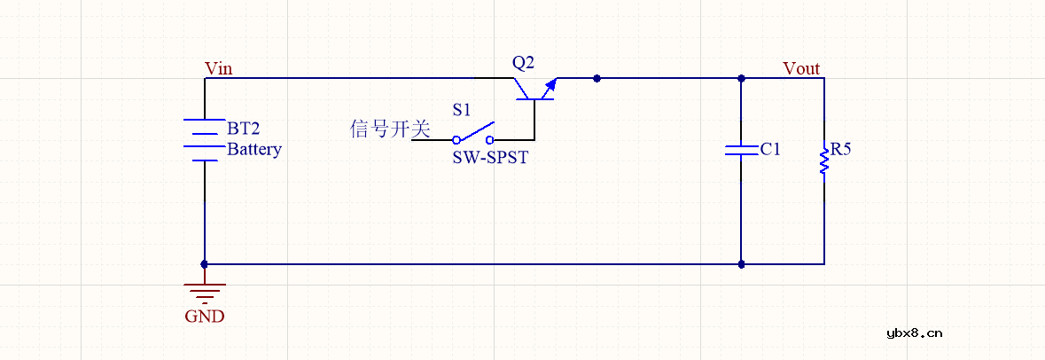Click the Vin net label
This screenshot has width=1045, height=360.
pyautogui.click(x=219, y=68)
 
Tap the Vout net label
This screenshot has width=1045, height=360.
pyautogui.click(x=801, y=68)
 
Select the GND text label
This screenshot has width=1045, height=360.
pyautogui.click(x=205, y=316)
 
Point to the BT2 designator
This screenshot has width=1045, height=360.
pyautogui.click(x=244, y=129)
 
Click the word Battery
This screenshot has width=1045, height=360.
pyautogui.click(x=254, y=149)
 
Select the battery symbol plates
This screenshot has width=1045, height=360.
pyautogui.click(x=205, y=140)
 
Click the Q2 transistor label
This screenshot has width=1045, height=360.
pyautogui.click(x=524, y=63)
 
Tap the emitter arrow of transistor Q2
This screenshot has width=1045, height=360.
pyautogui.click(x=550, y=85)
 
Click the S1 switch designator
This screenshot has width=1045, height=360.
pyautogui.click(x=462, y=110)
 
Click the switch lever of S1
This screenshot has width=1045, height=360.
pyautogui.click(x=475, y=132)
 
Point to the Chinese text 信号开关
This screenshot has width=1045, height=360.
pyautogui.click(x=390, y=129)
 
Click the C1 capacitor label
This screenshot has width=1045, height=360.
pyautogui.click(x=771, y=149)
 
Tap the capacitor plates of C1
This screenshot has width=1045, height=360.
pyautogui.click(x=741, y=149)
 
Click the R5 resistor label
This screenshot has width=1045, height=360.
pyautogui.click(x=839, y=149)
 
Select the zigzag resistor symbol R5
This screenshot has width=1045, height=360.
pyautogui.click(x=824, y=160)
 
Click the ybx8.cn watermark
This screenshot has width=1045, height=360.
pyautogui.click(x=914, y=333)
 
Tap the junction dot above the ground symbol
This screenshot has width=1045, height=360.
pyautogui.click(x=205, y=263)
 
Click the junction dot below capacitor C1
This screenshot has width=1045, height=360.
pyautogui.click(x=741, y=263)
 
